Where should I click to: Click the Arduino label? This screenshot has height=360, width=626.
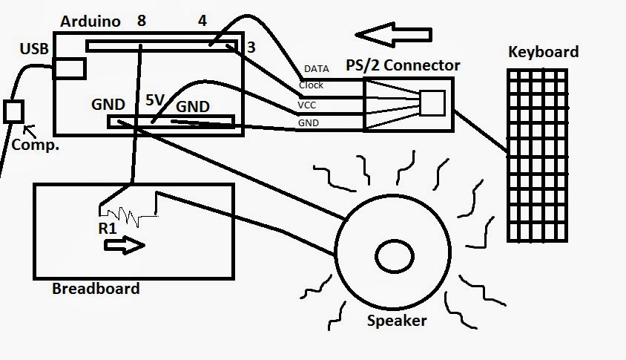89,21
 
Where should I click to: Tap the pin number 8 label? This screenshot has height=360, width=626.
142,21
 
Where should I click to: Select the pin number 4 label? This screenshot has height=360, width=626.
202,21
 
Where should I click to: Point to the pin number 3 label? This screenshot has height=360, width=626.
251,48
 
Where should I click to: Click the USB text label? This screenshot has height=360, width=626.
34,49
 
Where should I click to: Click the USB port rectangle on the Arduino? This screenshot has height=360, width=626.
68,68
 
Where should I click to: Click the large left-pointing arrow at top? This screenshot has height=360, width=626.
392,35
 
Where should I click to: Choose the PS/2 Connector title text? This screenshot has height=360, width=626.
403,65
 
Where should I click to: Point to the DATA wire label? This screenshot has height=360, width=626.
316,69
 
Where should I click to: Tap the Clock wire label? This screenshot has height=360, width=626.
311,85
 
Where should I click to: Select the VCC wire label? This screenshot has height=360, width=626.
307,105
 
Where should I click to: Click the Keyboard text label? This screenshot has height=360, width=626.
543,52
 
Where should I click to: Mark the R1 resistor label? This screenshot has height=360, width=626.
108,229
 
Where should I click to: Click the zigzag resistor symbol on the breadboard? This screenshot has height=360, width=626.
134,215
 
